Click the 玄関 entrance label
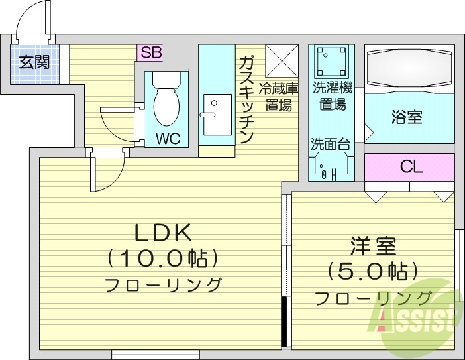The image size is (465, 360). tap(34, 63)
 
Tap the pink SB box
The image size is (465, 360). tap(149, 52)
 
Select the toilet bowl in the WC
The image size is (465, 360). tap(166, 103)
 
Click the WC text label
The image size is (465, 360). tap(167, 140)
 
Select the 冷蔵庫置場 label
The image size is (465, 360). tap(279, 96)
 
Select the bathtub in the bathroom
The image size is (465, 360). tap(409, 68)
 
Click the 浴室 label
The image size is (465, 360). tap(408, 118)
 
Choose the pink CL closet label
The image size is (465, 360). tap(410, 166)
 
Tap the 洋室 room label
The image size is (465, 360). tap(373, 246)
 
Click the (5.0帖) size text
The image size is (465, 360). tap(373, 270)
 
